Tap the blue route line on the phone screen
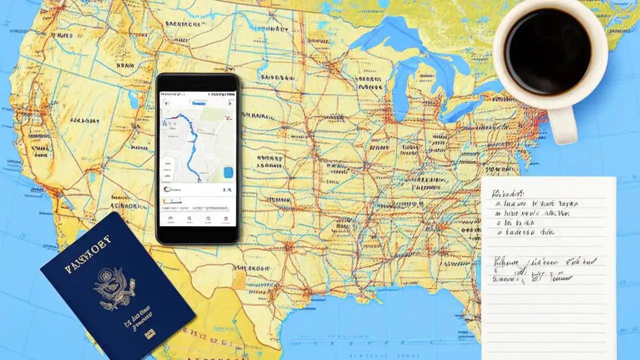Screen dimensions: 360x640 click(192, 142)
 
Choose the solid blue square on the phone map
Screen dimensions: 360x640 click(228, 172)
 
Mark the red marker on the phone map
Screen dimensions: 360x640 click(227, 118)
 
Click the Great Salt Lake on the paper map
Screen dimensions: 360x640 click(133, 100)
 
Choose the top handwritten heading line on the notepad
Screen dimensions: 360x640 click(508, 193)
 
